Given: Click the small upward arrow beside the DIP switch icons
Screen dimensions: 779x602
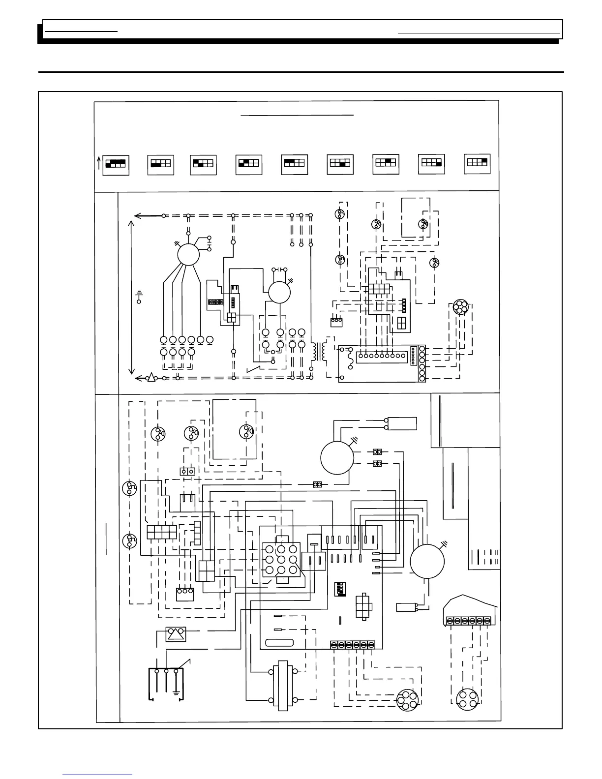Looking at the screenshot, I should coord(99,163).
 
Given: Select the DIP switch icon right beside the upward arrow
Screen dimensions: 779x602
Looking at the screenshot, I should coord(116,164).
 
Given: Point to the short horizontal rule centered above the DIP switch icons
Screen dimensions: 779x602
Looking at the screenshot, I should coord(298,115).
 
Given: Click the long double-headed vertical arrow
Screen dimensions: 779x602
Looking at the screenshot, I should coord(131,297).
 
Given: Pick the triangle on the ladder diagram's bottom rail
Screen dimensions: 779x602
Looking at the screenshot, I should coord(151,378).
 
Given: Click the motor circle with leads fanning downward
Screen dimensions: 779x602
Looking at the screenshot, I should coord(188,255).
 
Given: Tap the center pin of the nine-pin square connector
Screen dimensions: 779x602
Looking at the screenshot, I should coord(281,560).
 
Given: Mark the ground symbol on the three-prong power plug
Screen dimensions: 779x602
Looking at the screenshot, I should coord(176,692).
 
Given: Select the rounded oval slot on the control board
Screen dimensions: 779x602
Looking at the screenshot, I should coord(279,642).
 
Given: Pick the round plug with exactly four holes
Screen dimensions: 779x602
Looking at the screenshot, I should coord(464,699).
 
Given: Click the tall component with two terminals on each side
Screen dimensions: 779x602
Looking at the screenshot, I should coord(282,685).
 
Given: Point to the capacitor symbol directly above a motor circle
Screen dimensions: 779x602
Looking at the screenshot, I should coord(279,270).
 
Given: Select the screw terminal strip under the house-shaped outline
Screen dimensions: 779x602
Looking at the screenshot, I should coord(468,621).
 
